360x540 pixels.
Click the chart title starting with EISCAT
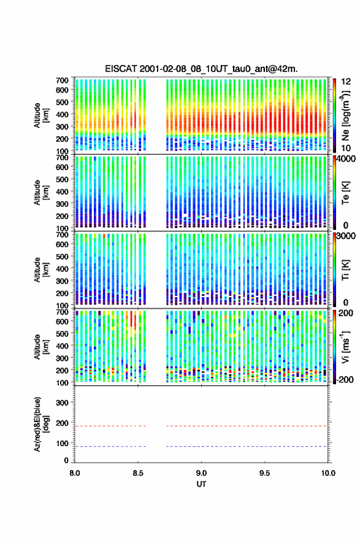click(201, 69)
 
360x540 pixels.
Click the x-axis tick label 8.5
click(138, 473)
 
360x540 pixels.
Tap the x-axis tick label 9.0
click(201, 473)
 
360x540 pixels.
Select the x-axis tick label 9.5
click(265, 473)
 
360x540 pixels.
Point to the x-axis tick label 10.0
click(328, 473)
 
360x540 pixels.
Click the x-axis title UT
click(201, 484)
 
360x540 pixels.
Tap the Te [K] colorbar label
click(345, 193)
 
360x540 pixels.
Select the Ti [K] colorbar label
click(345, 270)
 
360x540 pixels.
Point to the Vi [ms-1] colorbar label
click(345, 347)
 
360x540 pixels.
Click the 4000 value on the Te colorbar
click(345, 159)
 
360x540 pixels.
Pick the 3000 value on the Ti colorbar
click(345, 236)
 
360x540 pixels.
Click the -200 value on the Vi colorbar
click(345, 379)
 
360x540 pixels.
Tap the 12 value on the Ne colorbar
click(346, 82)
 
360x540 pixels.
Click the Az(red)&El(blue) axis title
click(40, 425)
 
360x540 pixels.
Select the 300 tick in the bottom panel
click(63, 403)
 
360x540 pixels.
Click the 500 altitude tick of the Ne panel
click(63, 102)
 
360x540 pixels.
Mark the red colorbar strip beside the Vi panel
click(334, 347)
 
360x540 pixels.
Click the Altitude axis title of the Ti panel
click(40, 270)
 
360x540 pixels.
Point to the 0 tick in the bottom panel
click(66, 460)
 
